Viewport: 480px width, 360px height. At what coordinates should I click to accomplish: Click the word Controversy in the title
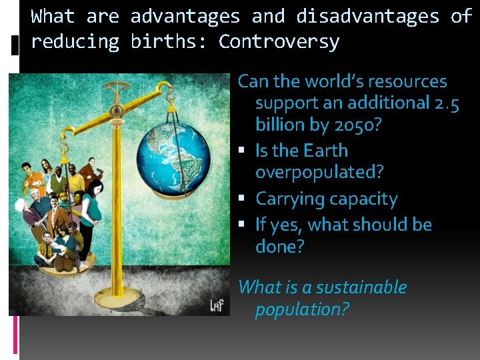pos(279,42)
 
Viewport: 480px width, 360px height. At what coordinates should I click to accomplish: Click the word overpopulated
pos(319,172)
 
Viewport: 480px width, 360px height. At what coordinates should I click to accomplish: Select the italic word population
pos(302,309)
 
